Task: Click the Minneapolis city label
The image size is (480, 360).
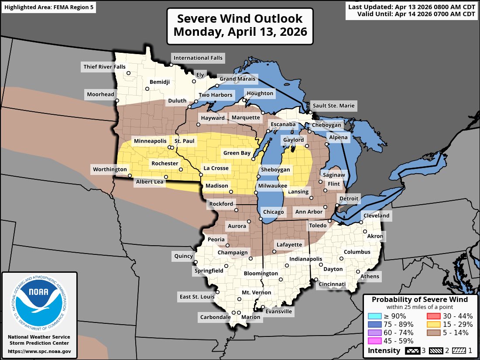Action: [x=150, y=141]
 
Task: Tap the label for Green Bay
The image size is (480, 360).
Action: [x=237, y=153]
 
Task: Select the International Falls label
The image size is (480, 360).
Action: [x=198, y=58]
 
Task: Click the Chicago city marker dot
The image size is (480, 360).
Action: [x=261, y=219]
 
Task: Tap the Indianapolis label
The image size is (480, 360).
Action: [x=305, y=259]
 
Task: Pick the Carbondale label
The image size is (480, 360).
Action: [x=215, y=317]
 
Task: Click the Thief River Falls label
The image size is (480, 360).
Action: [x=103, y=67]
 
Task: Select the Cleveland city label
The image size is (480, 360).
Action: [x=376, y=215]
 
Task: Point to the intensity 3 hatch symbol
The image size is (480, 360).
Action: [x=412, y=350]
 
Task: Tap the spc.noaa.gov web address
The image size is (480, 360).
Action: [x=39, y=351]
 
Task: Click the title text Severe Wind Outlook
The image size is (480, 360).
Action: [x=240, y=19]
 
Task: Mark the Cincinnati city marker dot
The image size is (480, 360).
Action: [x=316, y=280]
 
